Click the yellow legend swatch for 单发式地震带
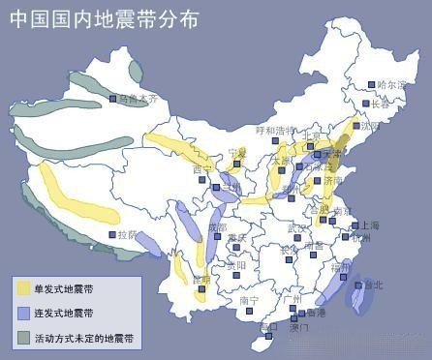coord(22,287)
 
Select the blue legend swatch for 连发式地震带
coord(22,313)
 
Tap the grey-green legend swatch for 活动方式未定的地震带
coord(22,338)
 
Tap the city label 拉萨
coord(129,234)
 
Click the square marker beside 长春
coord(365,104)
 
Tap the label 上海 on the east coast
coord(369,225)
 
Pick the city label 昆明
coord(201,280)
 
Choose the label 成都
coord(217,226)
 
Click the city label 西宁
coord(201,168)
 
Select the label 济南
coord(331,179)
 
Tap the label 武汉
coord(297,227)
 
